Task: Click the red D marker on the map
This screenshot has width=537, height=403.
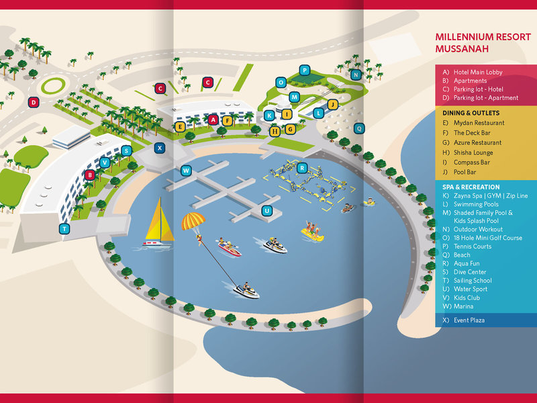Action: [34, 102]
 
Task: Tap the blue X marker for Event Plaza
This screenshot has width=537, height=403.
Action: [160, 148]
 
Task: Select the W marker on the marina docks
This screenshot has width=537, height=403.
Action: [186, 171]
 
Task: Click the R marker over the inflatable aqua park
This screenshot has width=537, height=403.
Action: [301, 168]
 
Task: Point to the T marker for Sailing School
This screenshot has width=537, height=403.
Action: [64, 228]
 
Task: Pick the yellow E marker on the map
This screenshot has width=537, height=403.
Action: [180, 127]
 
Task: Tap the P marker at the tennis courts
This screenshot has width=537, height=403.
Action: [305, 71]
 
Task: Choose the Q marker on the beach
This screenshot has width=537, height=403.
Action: [359, 128]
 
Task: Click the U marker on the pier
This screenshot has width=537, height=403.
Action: [267, 211]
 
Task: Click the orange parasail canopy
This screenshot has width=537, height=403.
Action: [193, 221]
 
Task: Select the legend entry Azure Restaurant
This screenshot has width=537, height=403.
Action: [477, 142]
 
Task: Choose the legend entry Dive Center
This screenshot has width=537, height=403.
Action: [470, 272]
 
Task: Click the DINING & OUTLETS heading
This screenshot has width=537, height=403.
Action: [471, 113]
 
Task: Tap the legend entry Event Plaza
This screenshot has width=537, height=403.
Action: [469, 320]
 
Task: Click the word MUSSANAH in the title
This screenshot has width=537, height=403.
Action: [462, 48]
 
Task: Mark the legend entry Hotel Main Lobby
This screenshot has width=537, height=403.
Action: [478, 72]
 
